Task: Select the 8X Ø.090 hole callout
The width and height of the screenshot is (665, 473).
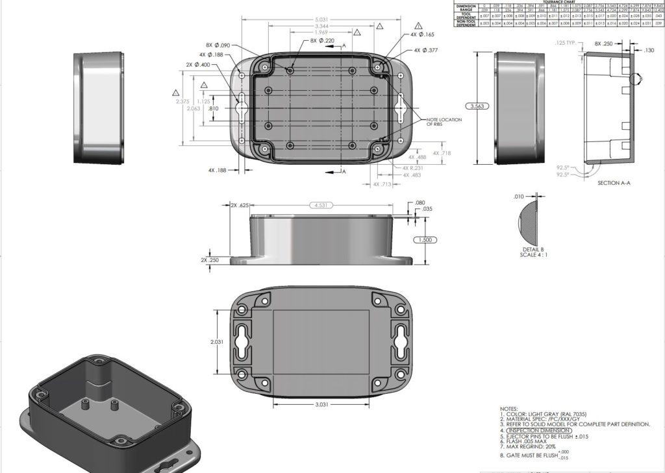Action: point(218,45)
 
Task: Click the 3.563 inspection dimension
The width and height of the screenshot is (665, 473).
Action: point(478,106)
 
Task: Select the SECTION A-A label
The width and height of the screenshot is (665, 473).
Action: point(614,183)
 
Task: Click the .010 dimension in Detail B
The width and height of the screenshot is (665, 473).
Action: point(518,196)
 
